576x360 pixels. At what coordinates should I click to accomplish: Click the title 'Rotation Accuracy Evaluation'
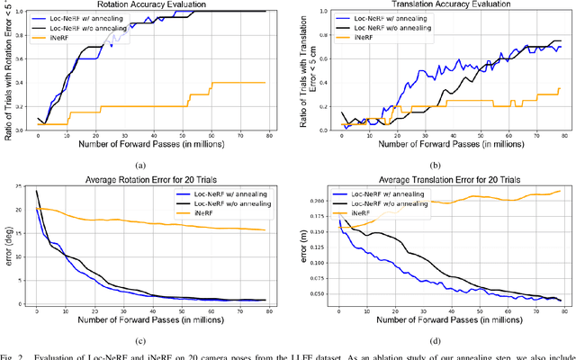[152, 4]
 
